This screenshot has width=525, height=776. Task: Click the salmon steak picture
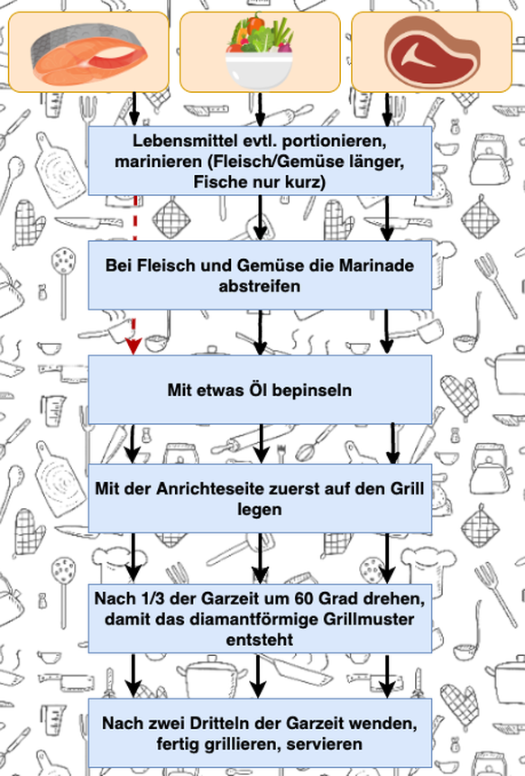(89, 54)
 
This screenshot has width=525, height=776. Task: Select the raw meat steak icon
(432, 51)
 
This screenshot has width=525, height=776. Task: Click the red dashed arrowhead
(134, 346)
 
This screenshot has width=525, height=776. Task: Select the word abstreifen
(260, 287)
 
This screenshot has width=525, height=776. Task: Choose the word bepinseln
(312, 391)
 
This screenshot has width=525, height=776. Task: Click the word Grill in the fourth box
(407, 489)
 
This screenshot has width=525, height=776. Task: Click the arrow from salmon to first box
(134, 109)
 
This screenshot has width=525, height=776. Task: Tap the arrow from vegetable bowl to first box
(261, 109)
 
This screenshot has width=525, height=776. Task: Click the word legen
(260, 510)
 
